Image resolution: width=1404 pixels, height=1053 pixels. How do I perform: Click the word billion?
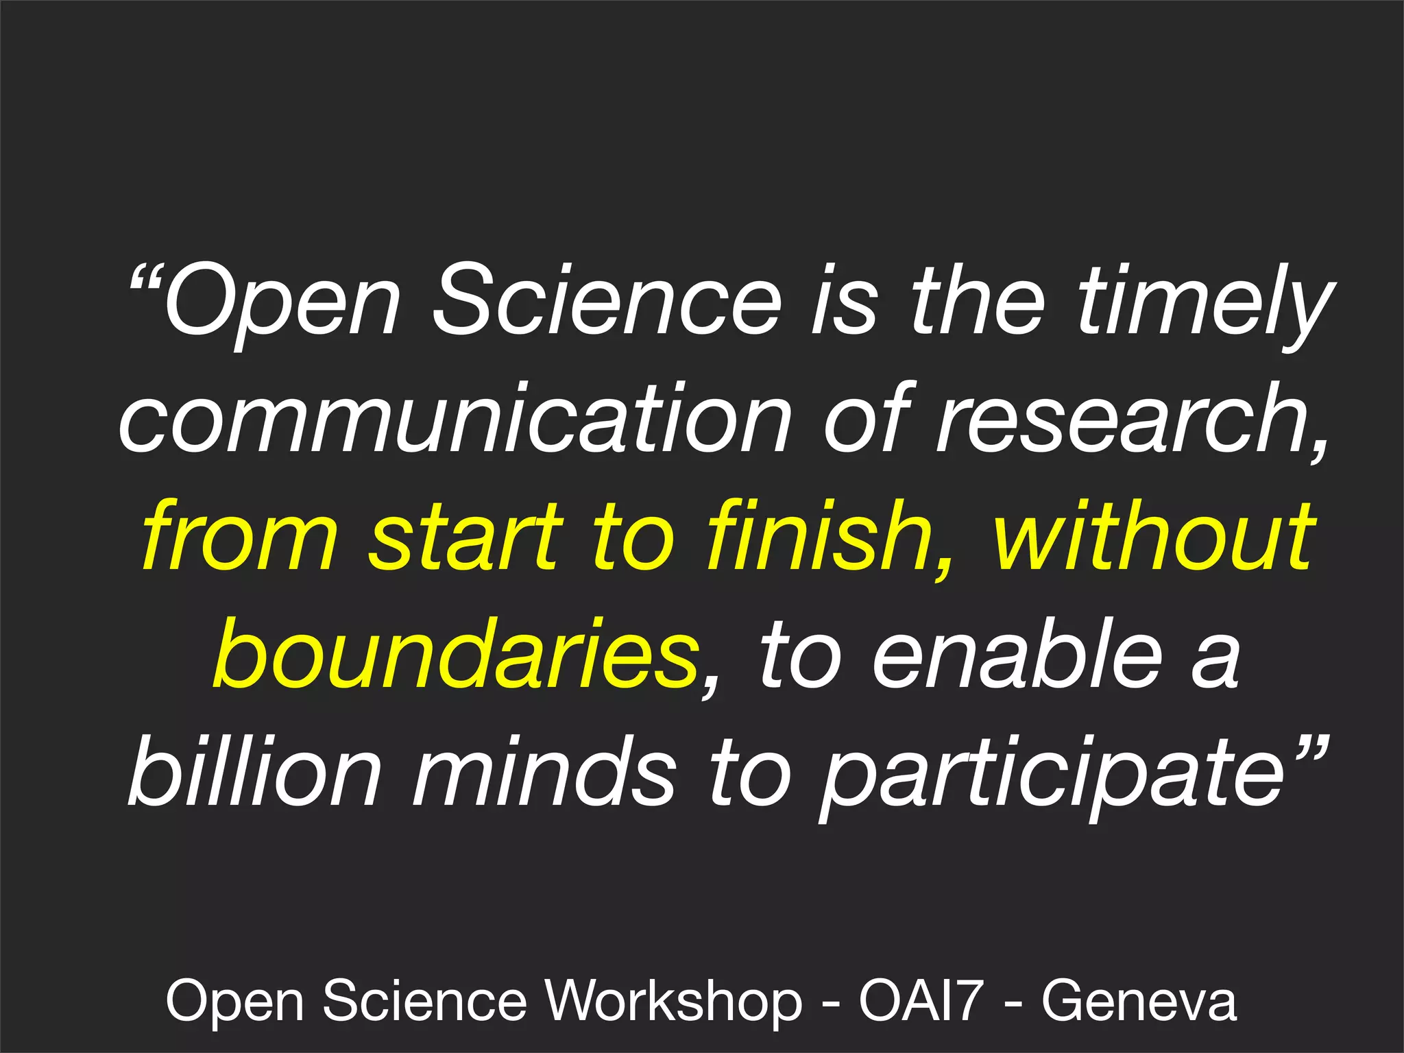pos(254,771)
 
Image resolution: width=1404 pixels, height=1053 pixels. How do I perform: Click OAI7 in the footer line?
pos(921,1000)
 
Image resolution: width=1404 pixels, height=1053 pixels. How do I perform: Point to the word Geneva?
pos(1139,1000)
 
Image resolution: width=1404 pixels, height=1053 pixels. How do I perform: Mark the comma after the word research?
pos(1318,449)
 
